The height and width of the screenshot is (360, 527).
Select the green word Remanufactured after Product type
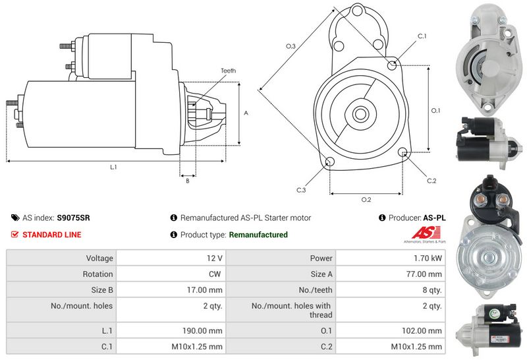tap(258, 235)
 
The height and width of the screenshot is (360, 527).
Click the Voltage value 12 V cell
tap(215, 258)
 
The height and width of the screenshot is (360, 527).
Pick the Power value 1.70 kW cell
tap(428, 258)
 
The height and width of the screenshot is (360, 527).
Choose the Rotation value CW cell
tap(216, 274)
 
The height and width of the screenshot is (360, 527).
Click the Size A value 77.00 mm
tap(426, 274)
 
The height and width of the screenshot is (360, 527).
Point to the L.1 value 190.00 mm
tap(203, 330)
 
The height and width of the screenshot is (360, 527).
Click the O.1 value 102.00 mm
tap(424, 330)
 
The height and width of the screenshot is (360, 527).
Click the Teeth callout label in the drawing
tap(228, 71)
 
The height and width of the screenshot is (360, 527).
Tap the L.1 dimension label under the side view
tap(113, 167)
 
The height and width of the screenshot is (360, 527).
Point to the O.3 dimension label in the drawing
tap(291, 45)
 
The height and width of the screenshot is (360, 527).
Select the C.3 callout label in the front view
tap(300, 190)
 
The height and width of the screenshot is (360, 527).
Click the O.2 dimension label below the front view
tap(366, 200)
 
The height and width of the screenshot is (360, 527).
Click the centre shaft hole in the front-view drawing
tap(360, 113)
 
